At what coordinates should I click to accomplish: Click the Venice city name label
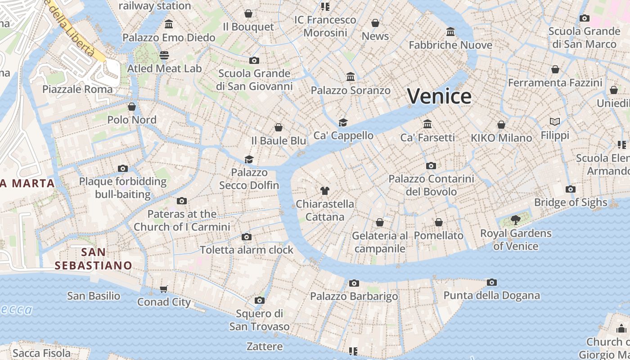[x=439, y=96]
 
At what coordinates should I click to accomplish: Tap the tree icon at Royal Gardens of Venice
[x=516, y=220]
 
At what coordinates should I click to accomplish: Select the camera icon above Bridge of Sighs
[x=571, y=189]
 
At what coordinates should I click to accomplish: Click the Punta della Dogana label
[x=491, y=296]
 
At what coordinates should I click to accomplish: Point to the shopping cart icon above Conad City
[x=164, y=289]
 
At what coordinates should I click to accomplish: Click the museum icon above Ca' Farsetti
[x=427, y=124]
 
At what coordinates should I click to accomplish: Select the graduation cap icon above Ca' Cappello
[x=343, y=122]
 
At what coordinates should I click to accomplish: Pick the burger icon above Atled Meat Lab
[x=164, y=55]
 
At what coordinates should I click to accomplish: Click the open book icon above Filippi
[x=555, y=122]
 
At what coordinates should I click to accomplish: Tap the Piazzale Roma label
[x=77, y=89]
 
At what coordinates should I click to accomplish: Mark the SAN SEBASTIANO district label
[x=94, y=259]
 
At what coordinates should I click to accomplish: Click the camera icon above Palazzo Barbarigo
[x=354, y=283]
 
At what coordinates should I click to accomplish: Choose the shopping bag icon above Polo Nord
[x=132, y=107]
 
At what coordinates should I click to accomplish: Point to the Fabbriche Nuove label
[x=450, y=45]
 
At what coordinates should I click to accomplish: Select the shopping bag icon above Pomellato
[x=439, y=222]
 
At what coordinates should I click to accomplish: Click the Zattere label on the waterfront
[x=265, y=346]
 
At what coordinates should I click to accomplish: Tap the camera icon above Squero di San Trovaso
[x=259, y=300]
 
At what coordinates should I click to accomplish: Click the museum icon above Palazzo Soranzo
[x=351, y=77]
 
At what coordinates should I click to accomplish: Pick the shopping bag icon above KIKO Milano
[x=501, y=125]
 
